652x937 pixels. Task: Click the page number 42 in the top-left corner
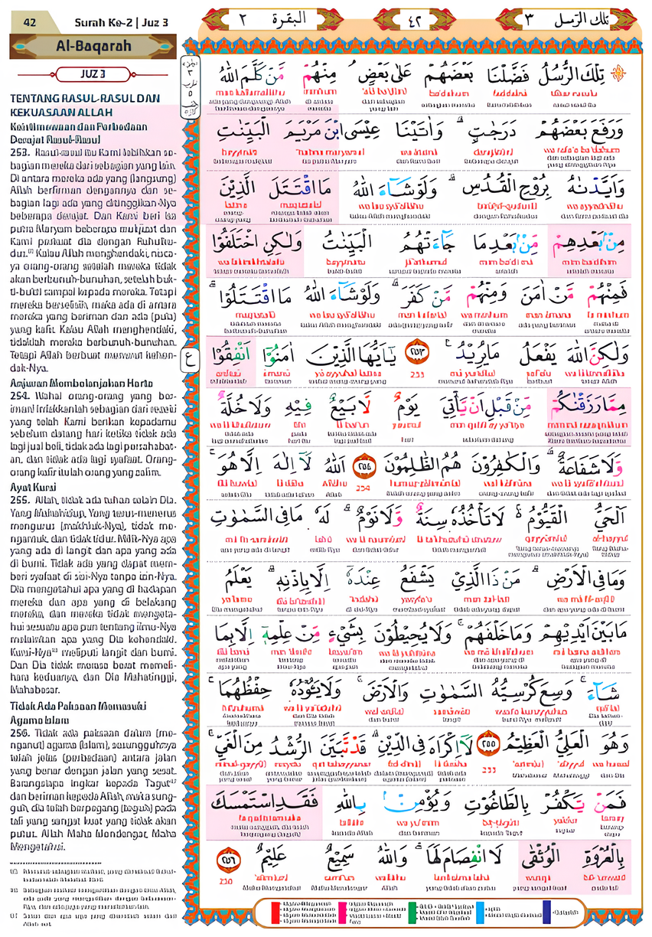pyautogui.click(x=30, y=22)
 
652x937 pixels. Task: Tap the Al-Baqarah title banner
pyautogui.click(x=93, y=46)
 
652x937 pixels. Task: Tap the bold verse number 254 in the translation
pyautogui.click(x=21, y=396)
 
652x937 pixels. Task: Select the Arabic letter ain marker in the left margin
pyautogui.click(x=187, y=355)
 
